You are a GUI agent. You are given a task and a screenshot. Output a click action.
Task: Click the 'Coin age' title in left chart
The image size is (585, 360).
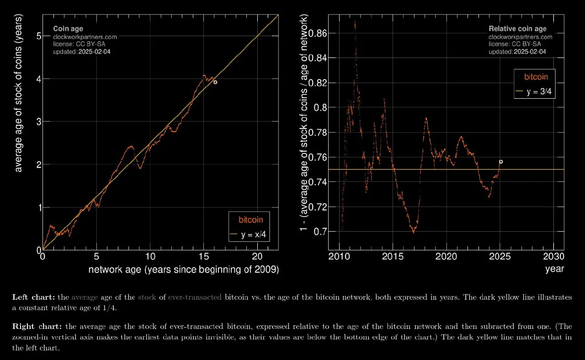pos(68,29)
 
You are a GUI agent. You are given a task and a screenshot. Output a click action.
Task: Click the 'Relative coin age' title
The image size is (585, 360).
pos(517,29)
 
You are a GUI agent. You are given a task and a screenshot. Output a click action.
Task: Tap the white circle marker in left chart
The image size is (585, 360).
pos(215,82)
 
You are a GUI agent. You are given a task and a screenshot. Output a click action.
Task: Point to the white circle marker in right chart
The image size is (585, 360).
pos(501,162)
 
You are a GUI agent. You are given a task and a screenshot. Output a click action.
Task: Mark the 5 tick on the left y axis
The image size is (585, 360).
pos(39,36)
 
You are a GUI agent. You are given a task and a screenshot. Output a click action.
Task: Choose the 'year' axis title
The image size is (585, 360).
pos(554,269)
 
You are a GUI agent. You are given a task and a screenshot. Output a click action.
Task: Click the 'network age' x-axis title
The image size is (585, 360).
pos(183,270)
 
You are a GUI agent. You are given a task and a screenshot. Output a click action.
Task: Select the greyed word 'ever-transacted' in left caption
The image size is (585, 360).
pos(195,297)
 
